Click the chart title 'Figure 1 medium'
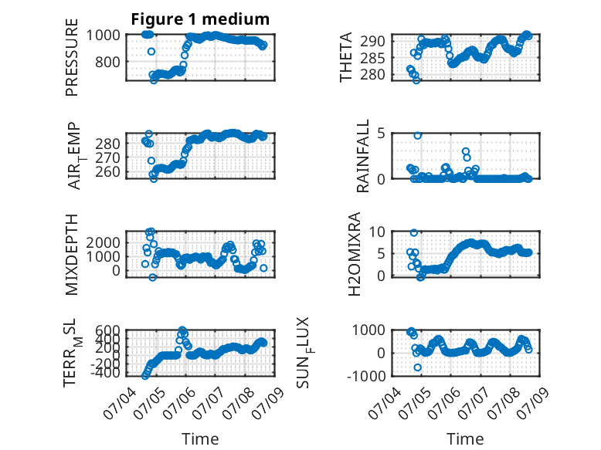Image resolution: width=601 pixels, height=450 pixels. [x=200, y=19]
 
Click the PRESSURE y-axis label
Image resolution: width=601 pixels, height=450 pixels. [x=72, y=57]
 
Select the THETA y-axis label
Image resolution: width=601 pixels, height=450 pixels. [x=346, y=57]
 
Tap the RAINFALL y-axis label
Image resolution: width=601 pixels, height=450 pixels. [x=362, y=155]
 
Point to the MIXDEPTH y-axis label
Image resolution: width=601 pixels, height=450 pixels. [x=72, y=255]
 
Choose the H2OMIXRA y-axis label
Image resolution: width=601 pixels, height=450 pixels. [x=355, y=254]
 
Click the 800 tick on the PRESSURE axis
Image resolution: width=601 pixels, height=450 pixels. [x=107, y=62]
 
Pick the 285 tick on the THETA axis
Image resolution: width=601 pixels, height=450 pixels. [x=372, y=58]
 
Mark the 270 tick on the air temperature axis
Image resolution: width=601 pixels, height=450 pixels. [x=107, y=157]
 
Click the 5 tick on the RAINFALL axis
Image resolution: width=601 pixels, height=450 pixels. [x=381, y=134]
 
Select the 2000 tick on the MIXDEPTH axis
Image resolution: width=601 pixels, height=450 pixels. [x=103, y=242]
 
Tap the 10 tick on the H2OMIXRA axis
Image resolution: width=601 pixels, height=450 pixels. [x=377, y=232]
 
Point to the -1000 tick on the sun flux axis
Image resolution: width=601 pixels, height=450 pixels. [x=366, y=376]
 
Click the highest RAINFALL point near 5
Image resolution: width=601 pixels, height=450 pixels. [x=417, y=135]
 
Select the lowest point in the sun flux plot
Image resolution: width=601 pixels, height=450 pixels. [x=417, y=367]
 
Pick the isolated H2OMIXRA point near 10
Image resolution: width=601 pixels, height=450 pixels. [x=413, y=233]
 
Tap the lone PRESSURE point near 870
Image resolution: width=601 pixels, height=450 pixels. [x=151, y=51]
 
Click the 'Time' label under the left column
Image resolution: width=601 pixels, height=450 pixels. [x=200, y=438]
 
